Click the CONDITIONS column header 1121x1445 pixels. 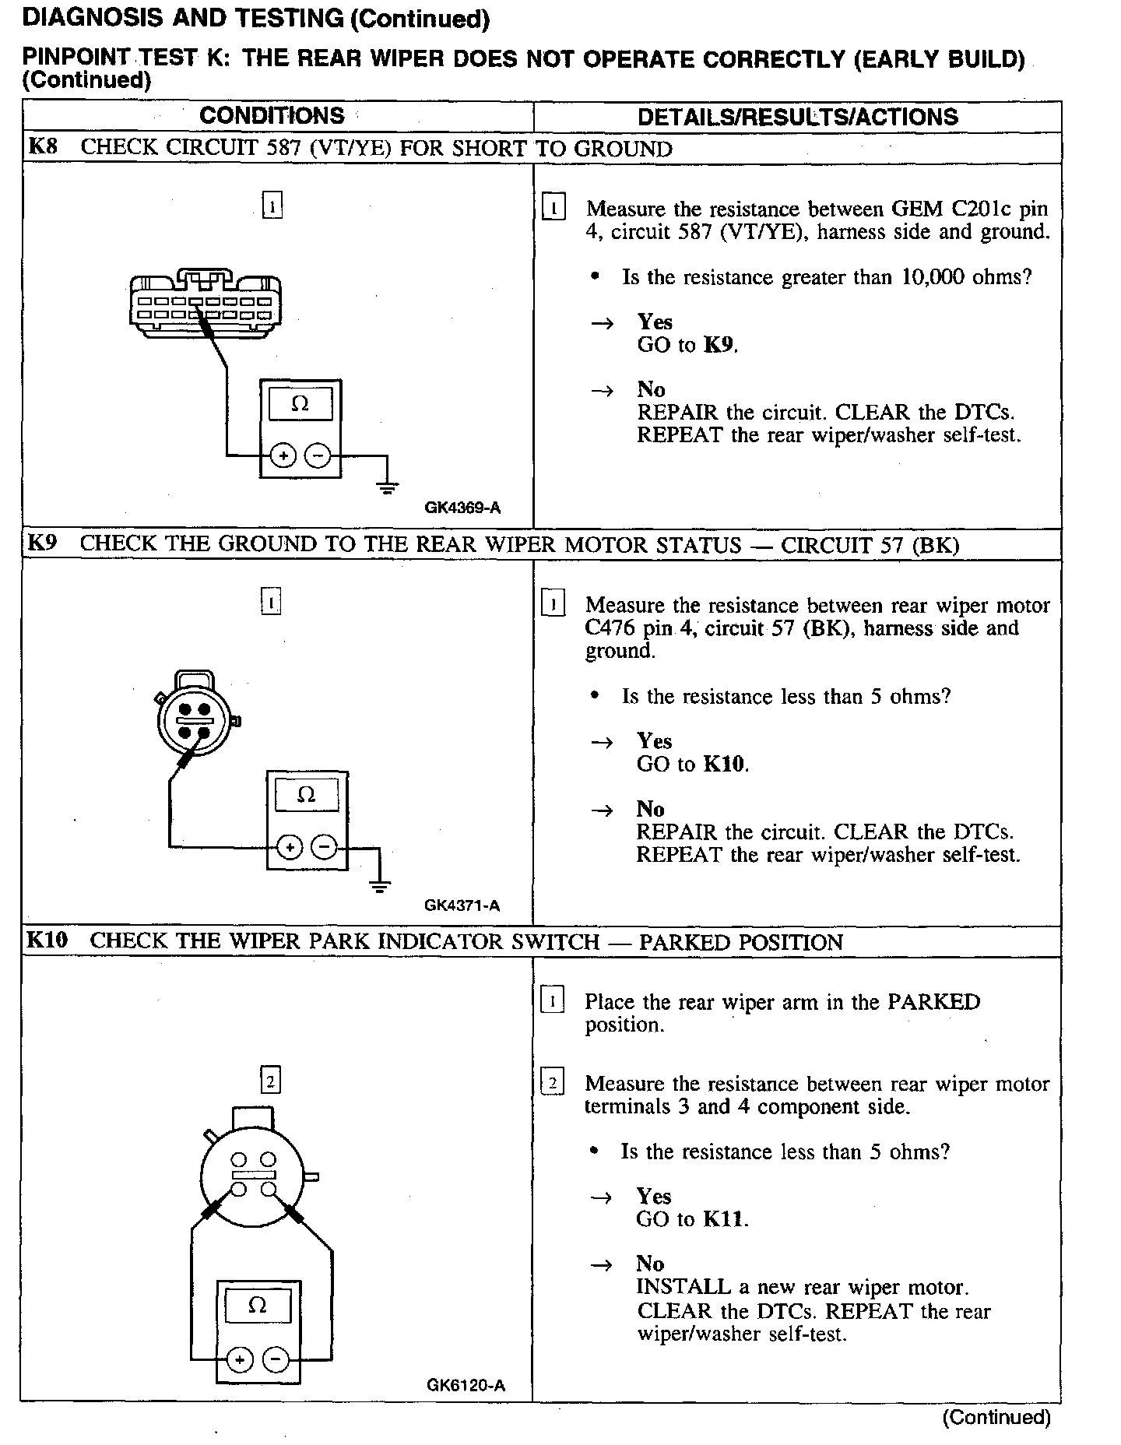(272, 116)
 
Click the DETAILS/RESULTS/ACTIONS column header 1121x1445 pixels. (797, 118)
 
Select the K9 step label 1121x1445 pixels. (42, 543)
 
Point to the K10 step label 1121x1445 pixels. (47, 940)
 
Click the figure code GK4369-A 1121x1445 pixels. (462, 508)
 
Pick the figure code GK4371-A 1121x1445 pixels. (462, 905)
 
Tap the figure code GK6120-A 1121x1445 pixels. (466, 1385)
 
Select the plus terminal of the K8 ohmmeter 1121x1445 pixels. (283, 456)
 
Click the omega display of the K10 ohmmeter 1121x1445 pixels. (257, 1306)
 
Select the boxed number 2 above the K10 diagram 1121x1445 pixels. (270, 1081)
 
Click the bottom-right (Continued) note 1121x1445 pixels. (996, 1417)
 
